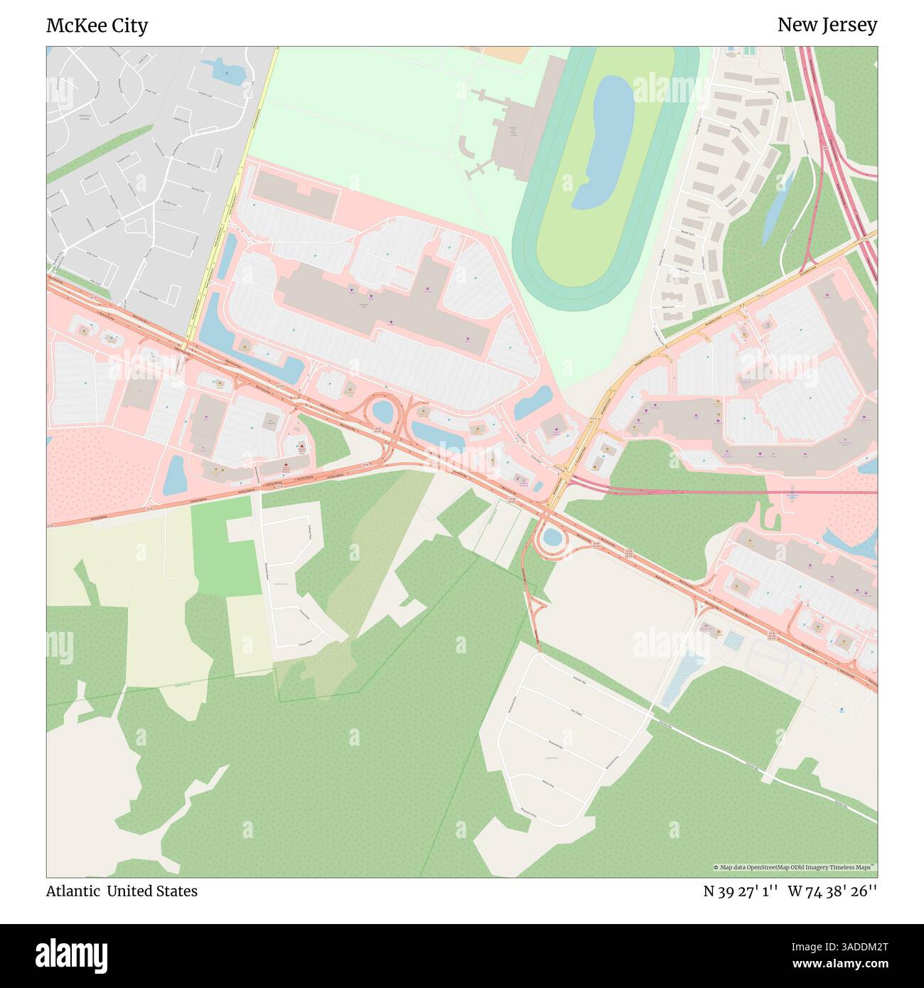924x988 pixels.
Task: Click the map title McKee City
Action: [97, 26]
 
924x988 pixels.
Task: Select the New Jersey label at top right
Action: [827, 25]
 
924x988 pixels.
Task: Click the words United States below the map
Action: [152, 891]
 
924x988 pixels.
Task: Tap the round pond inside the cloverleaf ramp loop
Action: [383, 411]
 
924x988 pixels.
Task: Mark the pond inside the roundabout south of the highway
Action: [552, 537]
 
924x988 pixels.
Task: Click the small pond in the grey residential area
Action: [222, 70]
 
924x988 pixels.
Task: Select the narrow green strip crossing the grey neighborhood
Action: [100, 153]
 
